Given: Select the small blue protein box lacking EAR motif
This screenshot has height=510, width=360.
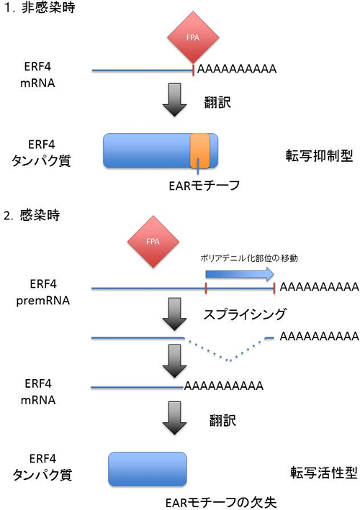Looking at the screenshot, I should click(x=147, y=469).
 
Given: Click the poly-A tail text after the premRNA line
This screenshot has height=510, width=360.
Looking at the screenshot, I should click(x=318, y=287).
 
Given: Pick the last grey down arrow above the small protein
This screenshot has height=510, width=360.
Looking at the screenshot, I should click(x=174, y=419).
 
